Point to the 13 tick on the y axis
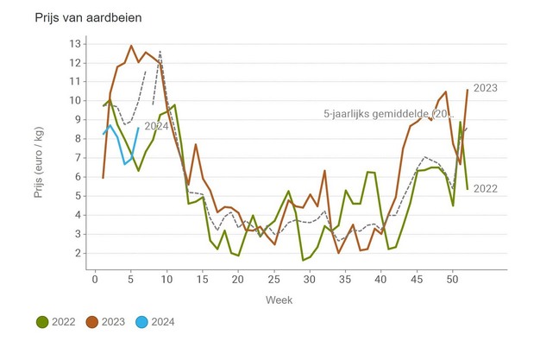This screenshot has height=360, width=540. click(75, 43)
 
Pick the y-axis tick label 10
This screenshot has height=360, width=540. click(75, 100)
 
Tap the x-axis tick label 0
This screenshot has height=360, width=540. click(95, 278)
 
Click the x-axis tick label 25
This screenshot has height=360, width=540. click(273, 278)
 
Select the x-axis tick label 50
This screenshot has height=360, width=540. click(453, 278)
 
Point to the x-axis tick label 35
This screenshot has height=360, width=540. click(345, 278)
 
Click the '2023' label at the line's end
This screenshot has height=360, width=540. click(486, 87)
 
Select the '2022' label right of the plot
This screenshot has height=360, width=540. click(486, 189)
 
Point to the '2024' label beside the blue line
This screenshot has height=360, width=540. click(156, 126)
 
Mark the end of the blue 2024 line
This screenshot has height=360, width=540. click(138, 128)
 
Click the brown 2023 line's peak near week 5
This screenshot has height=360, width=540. click(131, 46)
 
